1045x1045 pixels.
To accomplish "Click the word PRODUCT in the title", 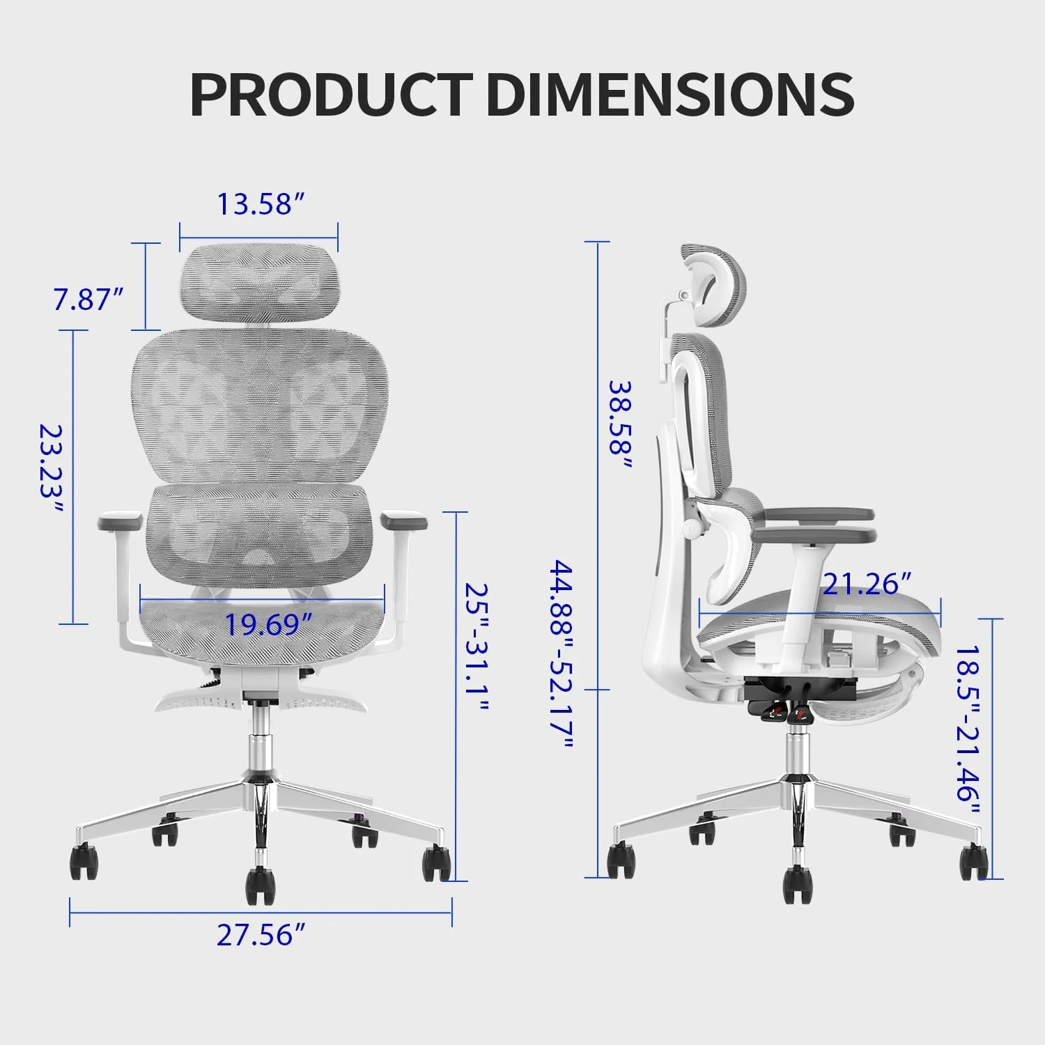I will tap(331, 95).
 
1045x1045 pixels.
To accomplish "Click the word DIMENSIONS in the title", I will tap(670, 95).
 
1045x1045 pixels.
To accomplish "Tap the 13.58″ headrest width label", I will tap(261, 204).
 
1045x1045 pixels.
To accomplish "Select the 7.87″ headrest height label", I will tap(88, 300).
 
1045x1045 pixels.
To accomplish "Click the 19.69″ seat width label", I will tap(268, 625).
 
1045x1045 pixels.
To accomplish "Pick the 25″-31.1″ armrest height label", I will tap(478, 648).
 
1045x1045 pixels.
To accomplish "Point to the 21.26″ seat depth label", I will tap(867, 584).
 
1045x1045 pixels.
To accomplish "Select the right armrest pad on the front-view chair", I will tap(403, 520).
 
